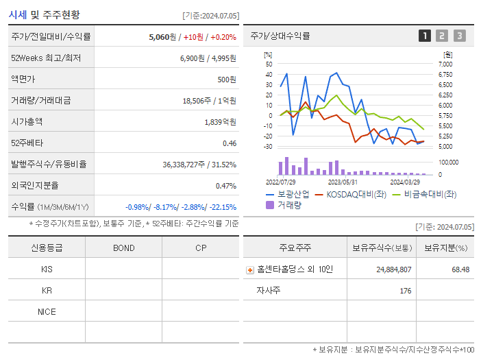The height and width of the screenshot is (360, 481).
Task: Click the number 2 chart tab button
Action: pos(442,36)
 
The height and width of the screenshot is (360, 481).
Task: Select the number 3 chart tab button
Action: pos(459,36)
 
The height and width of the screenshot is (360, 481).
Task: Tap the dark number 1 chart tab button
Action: pos(425,36)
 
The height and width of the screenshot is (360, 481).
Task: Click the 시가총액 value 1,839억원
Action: pos(220,121)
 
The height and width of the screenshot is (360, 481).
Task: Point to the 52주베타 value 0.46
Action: pos(229,143)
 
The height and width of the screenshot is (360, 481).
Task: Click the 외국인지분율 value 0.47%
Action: pos(225,185)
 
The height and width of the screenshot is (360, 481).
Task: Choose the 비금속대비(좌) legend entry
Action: pos(430,194)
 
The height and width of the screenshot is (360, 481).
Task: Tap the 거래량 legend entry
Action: pos(288,205)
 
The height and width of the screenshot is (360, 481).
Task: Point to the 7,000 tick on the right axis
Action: pos(445,64)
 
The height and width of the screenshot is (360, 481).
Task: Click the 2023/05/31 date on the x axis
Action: pos(343,182)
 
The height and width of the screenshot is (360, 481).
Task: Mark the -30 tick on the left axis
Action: pos(269,147)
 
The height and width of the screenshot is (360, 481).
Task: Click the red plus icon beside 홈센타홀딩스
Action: pos(250,270)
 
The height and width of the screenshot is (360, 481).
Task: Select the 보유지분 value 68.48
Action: pos(460,269)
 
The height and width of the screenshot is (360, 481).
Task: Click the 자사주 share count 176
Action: pos(405,291)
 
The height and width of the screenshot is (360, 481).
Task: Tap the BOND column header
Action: pos(123,248)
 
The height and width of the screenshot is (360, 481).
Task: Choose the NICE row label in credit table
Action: pos(47,311)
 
